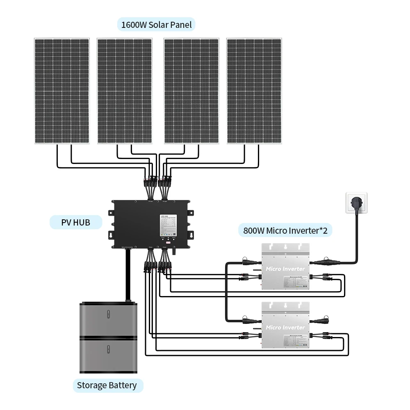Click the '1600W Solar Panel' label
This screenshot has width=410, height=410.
156,24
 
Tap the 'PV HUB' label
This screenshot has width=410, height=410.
75,223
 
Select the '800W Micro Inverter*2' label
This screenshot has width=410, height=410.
285,230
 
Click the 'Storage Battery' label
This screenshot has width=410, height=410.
107,385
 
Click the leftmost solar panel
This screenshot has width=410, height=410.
61,91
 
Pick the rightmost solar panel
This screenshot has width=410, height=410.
254,91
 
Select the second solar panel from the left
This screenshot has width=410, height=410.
125,91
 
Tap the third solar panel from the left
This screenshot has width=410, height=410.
191,91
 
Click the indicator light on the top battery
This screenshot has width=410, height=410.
108,315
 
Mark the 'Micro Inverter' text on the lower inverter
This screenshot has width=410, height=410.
285,328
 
